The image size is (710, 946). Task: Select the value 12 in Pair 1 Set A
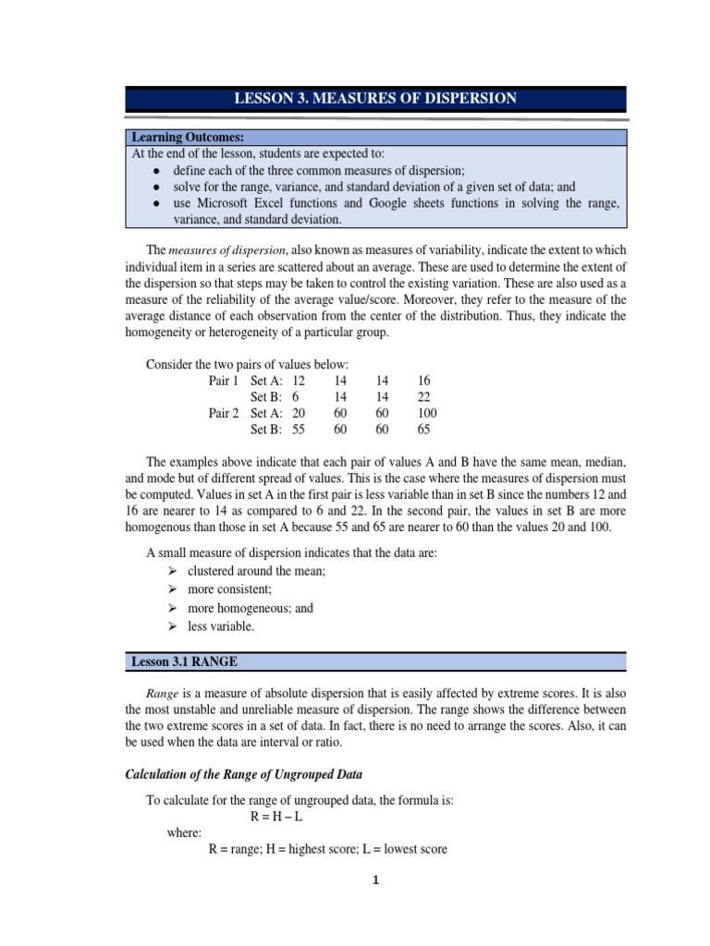pyautogui.click(x=298, y=381)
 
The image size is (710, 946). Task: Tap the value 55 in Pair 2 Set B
pyautogui.click(x=298, y=430)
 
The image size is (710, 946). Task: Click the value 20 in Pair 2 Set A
pyautogui.click(x=298, y=413)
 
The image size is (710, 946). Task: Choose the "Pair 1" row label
pyautogui.click(x=224, y=381)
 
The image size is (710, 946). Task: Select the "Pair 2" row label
pyautogui.click(x=224, y=413)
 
